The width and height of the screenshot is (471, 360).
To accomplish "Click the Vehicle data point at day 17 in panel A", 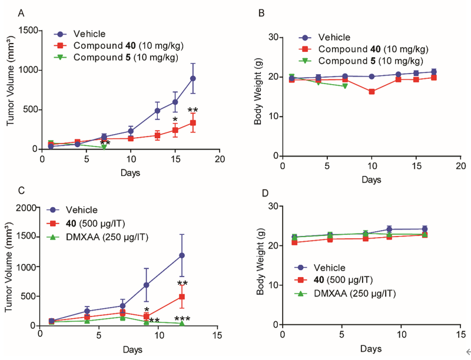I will click(193, 78).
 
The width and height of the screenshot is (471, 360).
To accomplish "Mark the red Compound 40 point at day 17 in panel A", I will click(193, 122).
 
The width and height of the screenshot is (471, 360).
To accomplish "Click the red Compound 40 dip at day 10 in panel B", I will click(372, 91).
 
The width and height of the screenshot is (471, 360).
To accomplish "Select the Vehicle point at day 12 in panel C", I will click(182, 255).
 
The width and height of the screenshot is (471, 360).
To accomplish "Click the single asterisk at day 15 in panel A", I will click(175, 120).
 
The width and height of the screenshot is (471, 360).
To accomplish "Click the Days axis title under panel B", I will click(372, 179).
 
